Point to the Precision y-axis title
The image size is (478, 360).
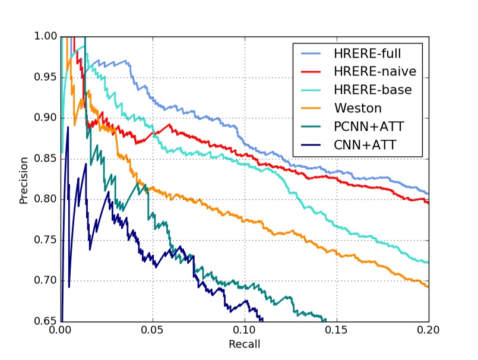[x=24, y=180]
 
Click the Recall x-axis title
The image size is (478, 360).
[x=244, y=344]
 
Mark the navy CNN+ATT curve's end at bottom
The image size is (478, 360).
[x=263, y=320]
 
